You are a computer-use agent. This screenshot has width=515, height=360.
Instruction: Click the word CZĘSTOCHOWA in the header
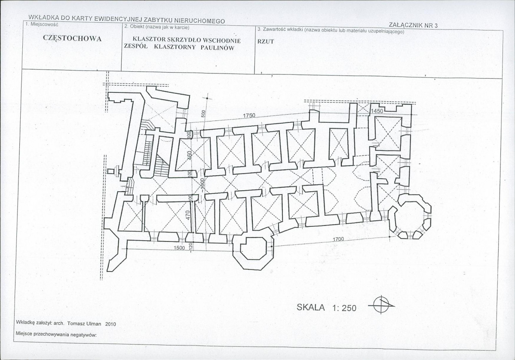point(72,38)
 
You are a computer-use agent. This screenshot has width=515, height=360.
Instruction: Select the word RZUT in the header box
point(265,42)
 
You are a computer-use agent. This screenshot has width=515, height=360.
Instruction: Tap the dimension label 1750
point(249,116)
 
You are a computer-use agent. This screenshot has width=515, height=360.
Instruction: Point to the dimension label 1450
point(377,111)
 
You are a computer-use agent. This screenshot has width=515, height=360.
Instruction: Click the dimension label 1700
point(338,239)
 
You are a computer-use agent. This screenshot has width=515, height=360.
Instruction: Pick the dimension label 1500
point(179,248)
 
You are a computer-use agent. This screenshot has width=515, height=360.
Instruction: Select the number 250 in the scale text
point(349,308)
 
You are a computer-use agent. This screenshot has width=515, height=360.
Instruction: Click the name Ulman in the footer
point(94,323)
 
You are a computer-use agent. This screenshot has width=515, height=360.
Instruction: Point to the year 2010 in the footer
point(110,324)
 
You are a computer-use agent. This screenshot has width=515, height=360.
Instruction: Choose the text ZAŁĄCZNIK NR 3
point(413,25)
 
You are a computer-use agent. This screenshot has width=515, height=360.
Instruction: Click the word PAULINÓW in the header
point(218,48)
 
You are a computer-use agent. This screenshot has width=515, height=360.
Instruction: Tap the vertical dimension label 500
point(203,114)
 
